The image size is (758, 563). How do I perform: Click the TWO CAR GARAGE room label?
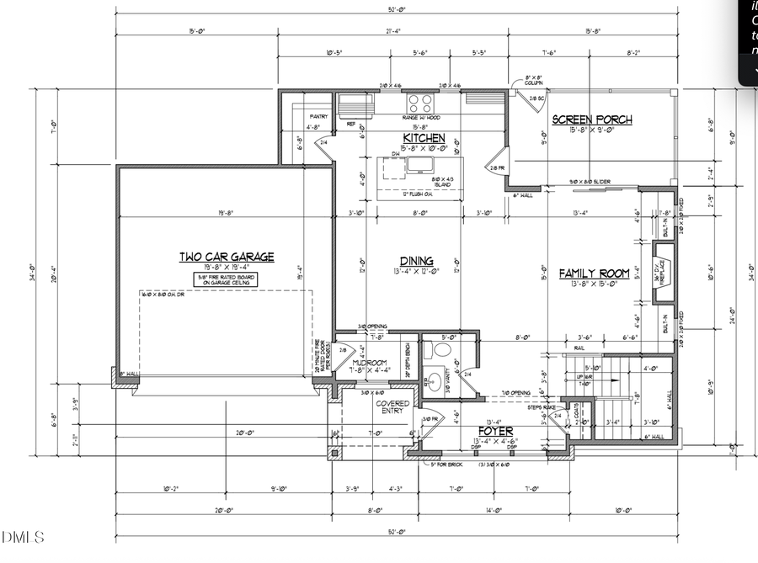point(226,258)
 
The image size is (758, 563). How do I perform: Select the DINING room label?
point(418,261)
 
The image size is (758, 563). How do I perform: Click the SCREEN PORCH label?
point(591,120)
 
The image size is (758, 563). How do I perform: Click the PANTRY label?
point(318,116)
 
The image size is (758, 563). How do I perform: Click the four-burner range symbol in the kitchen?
point(420,104)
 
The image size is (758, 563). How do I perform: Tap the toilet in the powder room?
point(442,349)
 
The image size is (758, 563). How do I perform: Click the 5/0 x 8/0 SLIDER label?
point(590,182)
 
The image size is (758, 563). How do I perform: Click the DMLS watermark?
point(23,536)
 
